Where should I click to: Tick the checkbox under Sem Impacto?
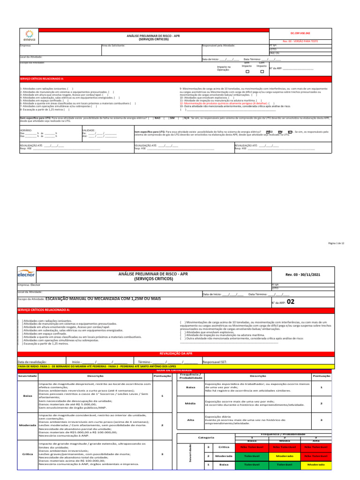[248, 72]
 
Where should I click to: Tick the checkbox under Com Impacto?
[262, 72]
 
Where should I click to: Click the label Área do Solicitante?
[113, 45]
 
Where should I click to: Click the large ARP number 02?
[290, 302]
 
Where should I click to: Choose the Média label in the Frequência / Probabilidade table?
[190, 403]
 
